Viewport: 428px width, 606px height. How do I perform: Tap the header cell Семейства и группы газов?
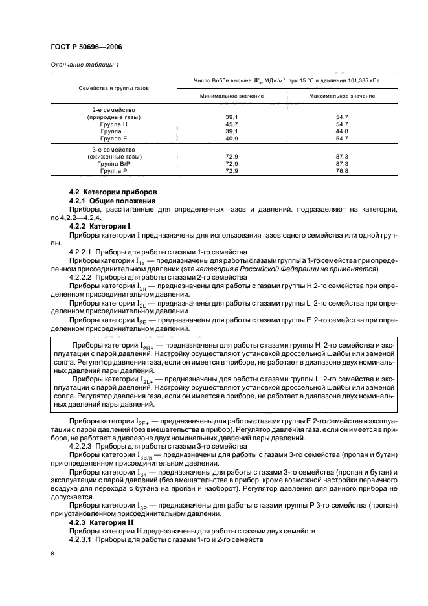coord(114,87)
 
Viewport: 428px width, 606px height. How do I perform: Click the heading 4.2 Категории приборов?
coord(109,192)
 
